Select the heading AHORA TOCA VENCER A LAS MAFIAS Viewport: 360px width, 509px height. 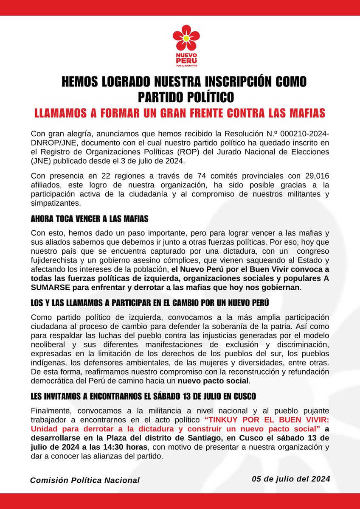pyautogui.click(x=89, y=220)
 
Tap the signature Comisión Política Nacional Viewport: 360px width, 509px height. pyautogui.click(x=84, y=480)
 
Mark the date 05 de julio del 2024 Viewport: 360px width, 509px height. pyautogui.click(x=290, y=478)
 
